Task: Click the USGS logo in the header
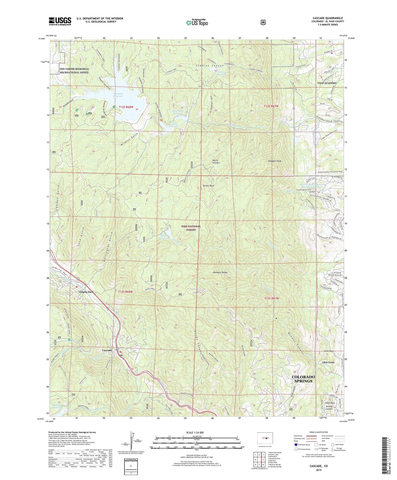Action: pos(60,21)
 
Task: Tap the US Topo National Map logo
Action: pos(197,23)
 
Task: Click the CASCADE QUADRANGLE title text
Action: pos(327,18)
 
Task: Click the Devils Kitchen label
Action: pos(216,161)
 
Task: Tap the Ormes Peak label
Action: pos(208,186)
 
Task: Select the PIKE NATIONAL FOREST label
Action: pos(191,228)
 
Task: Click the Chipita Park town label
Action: pos(86,292)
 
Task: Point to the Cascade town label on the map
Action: pos(107,350)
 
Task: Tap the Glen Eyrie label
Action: pos(328,362)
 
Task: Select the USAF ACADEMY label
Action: pos(327,83)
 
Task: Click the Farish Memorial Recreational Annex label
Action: pos(74,71)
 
